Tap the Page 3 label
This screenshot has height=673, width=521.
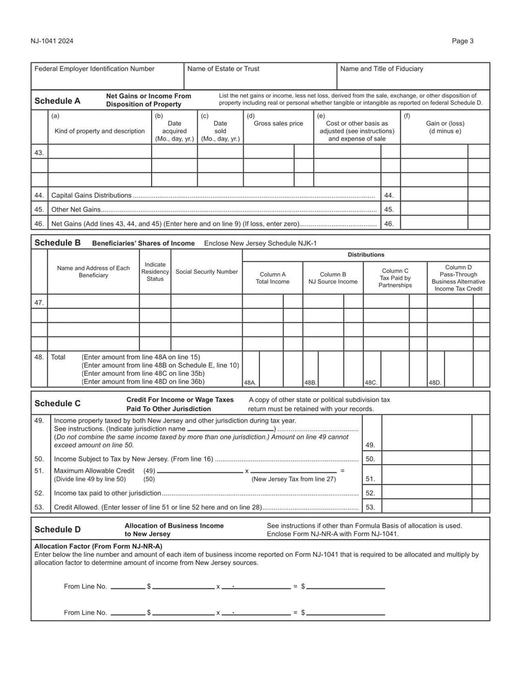click(462, 41)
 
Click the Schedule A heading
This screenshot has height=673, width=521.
click(57, 101)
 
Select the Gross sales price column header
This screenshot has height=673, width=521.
click(278, 124)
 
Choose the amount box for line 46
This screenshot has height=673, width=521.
click(434, 224)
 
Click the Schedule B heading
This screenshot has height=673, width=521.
click(57, 243)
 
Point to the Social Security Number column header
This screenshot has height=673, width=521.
click(206, 272)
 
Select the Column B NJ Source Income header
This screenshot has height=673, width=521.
click(333, 278)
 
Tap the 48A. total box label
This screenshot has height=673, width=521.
click(250, 383)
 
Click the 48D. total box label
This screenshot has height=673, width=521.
click(435, 383)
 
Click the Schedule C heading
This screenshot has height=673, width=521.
click(57, 403)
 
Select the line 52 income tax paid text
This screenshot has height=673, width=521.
click(107, 493)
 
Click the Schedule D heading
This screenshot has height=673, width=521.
click(57, 529)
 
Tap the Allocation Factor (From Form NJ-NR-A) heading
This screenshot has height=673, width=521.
click(98, 546)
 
